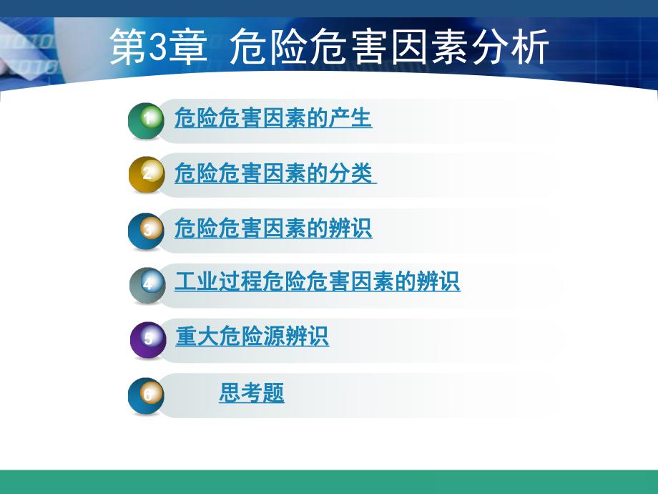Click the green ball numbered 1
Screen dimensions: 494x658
pos(147,121)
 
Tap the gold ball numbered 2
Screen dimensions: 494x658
pos(147,175)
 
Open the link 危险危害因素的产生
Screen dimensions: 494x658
pos(273,118)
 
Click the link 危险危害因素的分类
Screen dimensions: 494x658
pos(275,173)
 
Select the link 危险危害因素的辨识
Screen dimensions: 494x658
pos(273,228)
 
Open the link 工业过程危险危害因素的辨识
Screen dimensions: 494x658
pos(317,281)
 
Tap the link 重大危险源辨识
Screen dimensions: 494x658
pos(252,336)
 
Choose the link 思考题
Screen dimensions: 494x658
pos(252,392)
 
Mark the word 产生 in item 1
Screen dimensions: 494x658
pos(350,118)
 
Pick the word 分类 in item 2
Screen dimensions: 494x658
pos(350,173)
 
